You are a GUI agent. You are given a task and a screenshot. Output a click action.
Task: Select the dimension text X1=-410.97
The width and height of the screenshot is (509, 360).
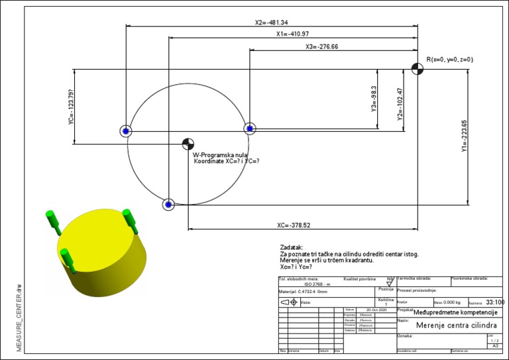[x=292, y=34]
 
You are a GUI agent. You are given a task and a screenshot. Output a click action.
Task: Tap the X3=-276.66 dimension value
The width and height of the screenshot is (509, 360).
[x=321, y=47]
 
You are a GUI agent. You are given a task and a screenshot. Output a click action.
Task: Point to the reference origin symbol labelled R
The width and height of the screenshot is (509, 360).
[x=417, y=68]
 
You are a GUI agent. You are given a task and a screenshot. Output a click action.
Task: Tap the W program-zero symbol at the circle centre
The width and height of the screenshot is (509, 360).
[x=188, y=144]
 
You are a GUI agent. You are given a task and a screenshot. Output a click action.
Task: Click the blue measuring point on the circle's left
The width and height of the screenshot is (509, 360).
[x=126, y=131]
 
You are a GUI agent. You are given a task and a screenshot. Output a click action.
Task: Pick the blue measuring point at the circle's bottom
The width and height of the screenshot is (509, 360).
[x=168, y=204]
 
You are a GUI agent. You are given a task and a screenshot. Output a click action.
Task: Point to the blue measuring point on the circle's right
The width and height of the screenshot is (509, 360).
[x=249, y=129]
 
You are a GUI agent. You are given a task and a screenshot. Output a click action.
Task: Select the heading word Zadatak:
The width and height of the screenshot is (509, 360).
[x=292, y=247]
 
